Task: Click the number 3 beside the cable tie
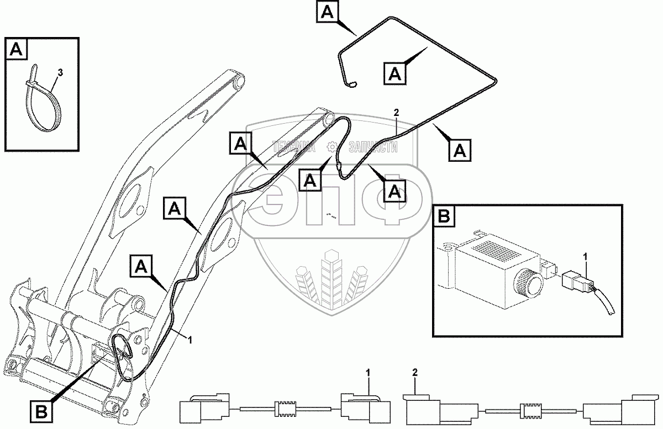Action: coord(60,72)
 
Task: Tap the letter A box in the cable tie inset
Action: coord(16,50)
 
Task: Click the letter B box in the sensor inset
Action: coord(444,216)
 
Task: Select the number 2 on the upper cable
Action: coord(396,113)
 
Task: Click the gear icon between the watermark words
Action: coord(331,147)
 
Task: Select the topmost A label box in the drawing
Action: coord(328,12)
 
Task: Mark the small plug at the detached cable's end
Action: coord(352,85)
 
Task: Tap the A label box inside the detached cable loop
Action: coord(396,72)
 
